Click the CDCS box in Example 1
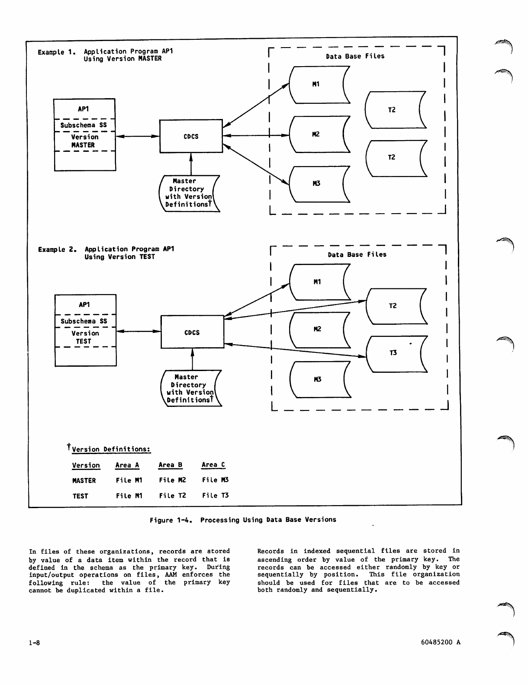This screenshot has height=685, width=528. (x=191, y=136)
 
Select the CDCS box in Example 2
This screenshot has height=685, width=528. (x=192, y=332)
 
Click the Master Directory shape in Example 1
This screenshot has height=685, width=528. (x=189, y=193)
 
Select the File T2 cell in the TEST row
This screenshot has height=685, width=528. (x=172, y=496)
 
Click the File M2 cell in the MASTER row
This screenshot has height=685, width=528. (x=172, y=480)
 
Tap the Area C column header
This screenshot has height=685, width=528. (x=213, y=465)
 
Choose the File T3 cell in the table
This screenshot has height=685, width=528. (x=215, y=496)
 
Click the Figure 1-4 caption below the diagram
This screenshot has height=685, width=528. (x=243, y=520)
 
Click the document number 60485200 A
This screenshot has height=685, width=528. (x=441, y=642)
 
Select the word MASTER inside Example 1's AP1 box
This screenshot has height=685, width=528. (x=83, y=145)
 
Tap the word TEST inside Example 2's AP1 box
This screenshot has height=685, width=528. (x=84, y=341)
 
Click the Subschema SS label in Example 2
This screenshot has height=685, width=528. (x=84, y=321)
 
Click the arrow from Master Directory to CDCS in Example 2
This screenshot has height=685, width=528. (x=192, y=359)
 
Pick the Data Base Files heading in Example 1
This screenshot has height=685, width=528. (x=355, y=56)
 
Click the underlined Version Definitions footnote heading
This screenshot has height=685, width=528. (x=111, y=449)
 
